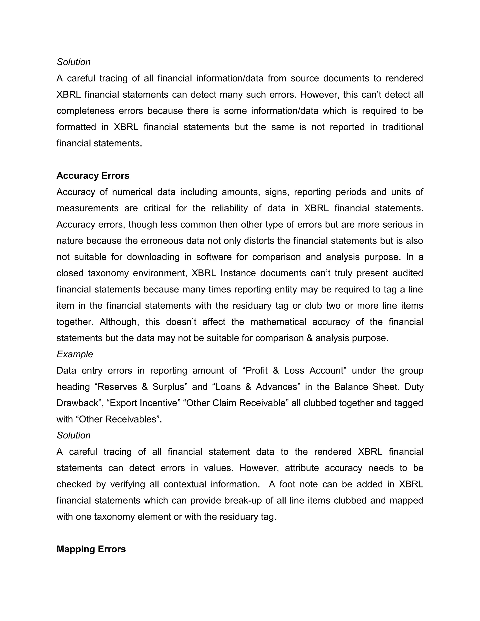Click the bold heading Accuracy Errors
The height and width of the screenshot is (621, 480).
pos(93,176)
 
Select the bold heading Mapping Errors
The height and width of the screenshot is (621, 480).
pos(91,549)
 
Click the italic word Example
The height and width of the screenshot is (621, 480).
pos(75,354)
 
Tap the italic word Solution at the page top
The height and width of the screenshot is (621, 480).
pos(73,62)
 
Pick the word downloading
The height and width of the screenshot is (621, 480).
pos(153,257)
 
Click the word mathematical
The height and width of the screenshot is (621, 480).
pos(278,322)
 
